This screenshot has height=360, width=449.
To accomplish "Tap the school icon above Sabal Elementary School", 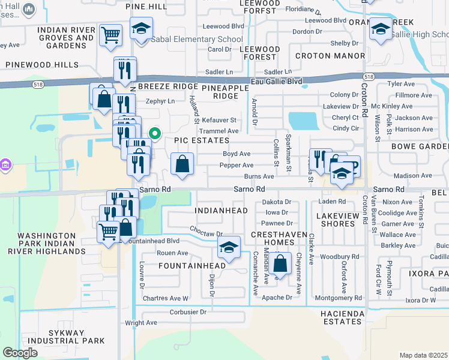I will point(142,29).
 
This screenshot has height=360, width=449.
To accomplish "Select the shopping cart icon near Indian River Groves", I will point(110,35).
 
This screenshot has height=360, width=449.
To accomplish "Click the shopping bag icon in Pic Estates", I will point(182,164).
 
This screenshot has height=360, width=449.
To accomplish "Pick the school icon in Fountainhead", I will point(228,247).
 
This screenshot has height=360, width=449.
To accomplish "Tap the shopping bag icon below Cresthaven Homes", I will point(280,262).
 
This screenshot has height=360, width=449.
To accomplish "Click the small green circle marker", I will point(154,134).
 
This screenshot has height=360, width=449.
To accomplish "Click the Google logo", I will point(20,353).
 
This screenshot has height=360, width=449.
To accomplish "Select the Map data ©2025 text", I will point(423,355).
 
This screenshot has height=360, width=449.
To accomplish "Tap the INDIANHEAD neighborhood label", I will point(221,211).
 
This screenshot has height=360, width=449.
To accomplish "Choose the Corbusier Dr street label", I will point(188,312).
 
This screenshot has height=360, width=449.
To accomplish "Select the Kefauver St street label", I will point(219,120).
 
